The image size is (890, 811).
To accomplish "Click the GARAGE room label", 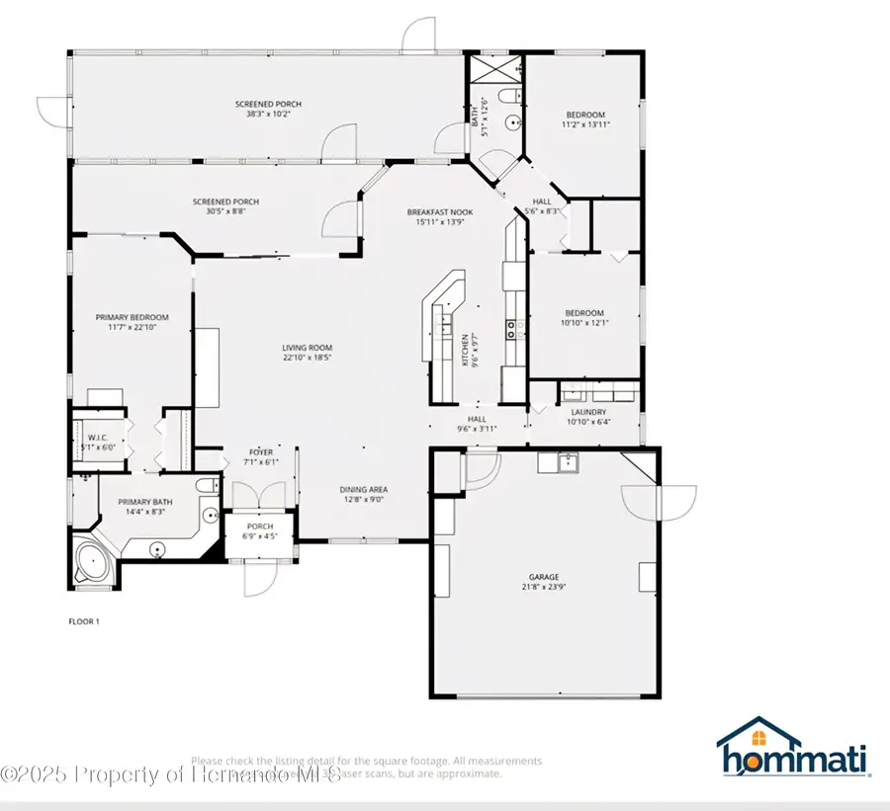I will [543, 577].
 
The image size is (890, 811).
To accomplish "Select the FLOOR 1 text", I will [83, 621].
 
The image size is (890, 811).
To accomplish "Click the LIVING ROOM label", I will [307, 348].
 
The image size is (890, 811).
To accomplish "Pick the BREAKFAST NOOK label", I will [440, 212].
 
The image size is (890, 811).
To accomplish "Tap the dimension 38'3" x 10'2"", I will [268, 115].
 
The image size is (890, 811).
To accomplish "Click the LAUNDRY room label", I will [587, 412].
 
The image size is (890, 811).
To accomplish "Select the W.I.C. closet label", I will [98, 437].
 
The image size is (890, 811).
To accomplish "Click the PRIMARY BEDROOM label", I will [132, 317].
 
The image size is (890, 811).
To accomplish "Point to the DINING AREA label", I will [364, 489].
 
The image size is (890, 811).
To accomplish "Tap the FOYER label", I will [260, 452].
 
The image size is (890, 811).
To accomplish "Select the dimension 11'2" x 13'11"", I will [585, 124].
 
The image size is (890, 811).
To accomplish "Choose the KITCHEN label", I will [465, 351].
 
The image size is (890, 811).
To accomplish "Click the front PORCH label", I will [260, 527].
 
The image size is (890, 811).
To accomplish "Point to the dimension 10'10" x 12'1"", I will [585, 323].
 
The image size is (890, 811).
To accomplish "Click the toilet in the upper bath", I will [505, 97].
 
